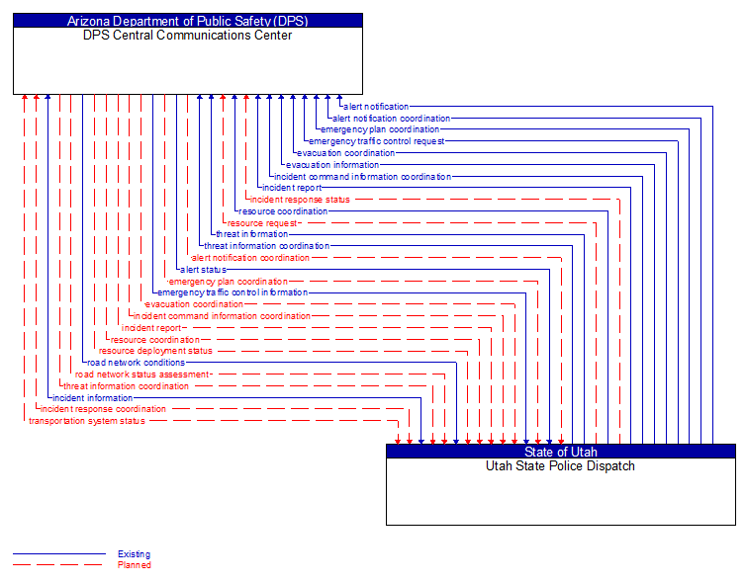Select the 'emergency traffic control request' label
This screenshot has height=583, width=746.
[377, 141]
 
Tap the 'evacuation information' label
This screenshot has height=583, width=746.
[332, 165]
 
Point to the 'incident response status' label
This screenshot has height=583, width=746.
[300, 200]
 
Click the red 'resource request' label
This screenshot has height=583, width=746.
[262, 223]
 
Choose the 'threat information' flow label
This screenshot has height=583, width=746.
[252, 234]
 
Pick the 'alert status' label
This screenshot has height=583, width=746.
[203, 269]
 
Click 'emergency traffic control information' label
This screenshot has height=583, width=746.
[233, 292]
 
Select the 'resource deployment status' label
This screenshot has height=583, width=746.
[155, 351]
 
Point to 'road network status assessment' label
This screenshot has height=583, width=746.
[142, 375]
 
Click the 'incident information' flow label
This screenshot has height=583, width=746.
[92, 397]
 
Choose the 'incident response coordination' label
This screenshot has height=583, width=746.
[103, 409]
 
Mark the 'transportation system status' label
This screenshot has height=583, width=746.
[87, 421]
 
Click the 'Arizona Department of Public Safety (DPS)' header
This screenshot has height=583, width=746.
[188, 20]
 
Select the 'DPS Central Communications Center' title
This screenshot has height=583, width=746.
[188, 36]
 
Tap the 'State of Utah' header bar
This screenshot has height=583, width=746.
[561, 452]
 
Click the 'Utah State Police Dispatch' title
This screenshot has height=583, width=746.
[561, 466]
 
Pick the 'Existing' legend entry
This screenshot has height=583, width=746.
[134, 554]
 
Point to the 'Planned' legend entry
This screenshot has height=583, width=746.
[134, 565]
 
